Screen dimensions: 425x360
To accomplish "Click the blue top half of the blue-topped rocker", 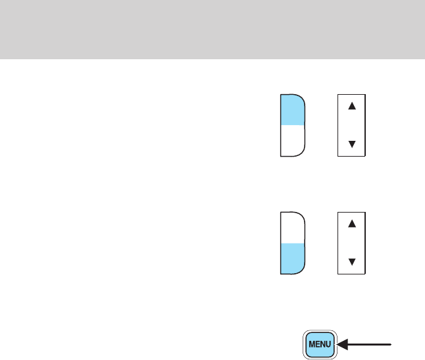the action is pyautogui.click(x=292, y=109).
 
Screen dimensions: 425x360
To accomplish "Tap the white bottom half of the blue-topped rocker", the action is pyautogui.click(x=292, y=140).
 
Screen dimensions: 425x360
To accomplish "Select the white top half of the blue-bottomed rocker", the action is pyautogui.click(x=292, y=227).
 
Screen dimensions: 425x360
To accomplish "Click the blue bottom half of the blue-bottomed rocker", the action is pyautogui.click(x=292, y=258).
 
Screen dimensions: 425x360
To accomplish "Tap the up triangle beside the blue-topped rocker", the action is pyautogui.click(x=351, y=106).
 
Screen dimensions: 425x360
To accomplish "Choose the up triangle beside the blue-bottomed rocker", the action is pyautogui.click(x=351, y=224).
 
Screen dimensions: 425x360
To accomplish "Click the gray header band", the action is pyautogui.click(x=213, y=29).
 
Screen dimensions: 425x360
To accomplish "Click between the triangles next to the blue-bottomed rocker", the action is pyautogui.click(x=351, y=243).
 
